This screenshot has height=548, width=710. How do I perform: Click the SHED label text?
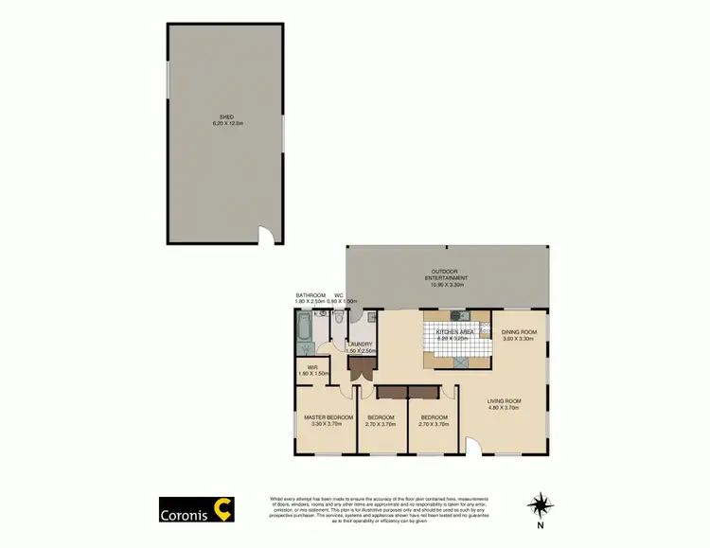(x=225, y=120)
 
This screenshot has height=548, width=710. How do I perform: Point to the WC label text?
(x=338, y=295)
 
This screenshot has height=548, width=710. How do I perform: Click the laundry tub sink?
(x=369, y=318)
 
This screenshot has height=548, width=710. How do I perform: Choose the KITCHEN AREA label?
(x=454, y=332)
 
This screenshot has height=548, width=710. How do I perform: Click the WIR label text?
(x=311, y=368)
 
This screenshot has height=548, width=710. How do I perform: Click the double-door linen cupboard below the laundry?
(x=358, y=370)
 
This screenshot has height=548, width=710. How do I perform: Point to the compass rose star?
(x=540, y=504)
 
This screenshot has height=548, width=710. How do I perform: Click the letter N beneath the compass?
(x=540, y=525)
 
